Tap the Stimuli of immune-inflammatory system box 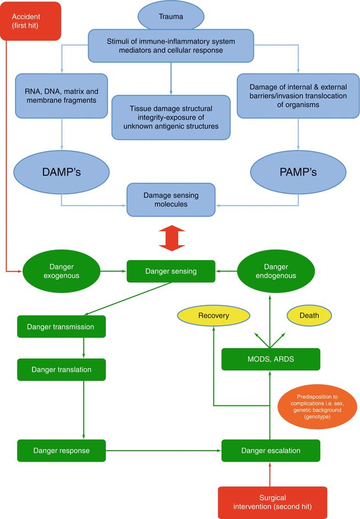pyautogui.click(x=171, y=45)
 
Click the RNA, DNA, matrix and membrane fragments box pyautogui.click(x=61, y=96)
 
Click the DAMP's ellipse pyautogui.click(x=61, y=172)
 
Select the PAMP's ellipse pyautogui.click(x=298, y=172)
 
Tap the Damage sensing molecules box pyautogui.click(x=171, y=199)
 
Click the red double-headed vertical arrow pyautogui.click(x=171, y=238)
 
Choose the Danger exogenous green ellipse pyautogui.click(x=61, y=271)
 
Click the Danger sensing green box pyautogui.click(x=170, y=271)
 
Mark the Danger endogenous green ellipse pyautogui.click(x=276, y=271)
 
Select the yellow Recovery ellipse pyautogui.click(x=213, y=316)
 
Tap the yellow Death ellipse pyautogui.click(x=309, y=316)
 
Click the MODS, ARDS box pyautogui.click(x=270, y=359)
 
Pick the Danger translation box pyautogui.click(x=61, y=369)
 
